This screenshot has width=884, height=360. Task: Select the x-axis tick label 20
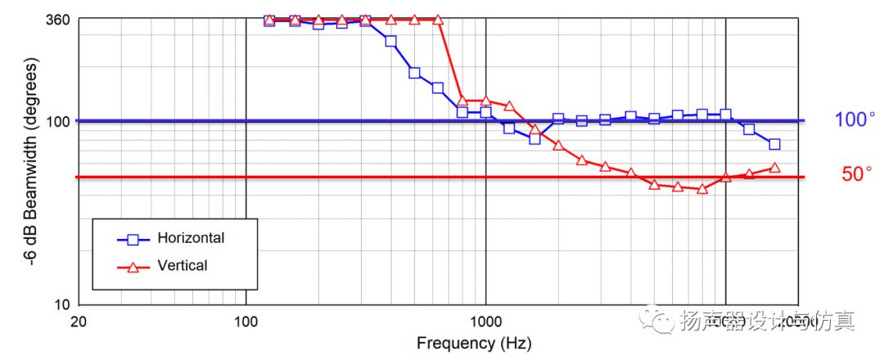(x=78, y=322)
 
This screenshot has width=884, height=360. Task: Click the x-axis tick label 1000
(x=486, y=322)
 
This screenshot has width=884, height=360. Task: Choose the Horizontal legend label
(x=191, y=238)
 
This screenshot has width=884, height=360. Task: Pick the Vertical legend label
(x=183, y=265)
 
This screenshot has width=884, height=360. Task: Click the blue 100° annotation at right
(x=855, y=120)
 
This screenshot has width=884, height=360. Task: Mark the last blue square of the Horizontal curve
(x=774, y=144)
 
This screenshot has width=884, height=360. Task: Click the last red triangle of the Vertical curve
(x=774, y=168)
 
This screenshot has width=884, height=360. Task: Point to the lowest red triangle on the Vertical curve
(x=701, y=188)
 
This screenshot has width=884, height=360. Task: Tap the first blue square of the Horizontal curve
(x=269, y=20)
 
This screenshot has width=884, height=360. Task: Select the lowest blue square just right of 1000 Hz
(x=534, y=139)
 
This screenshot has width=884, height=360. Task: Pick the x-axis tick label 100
(x=246, y=322)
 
